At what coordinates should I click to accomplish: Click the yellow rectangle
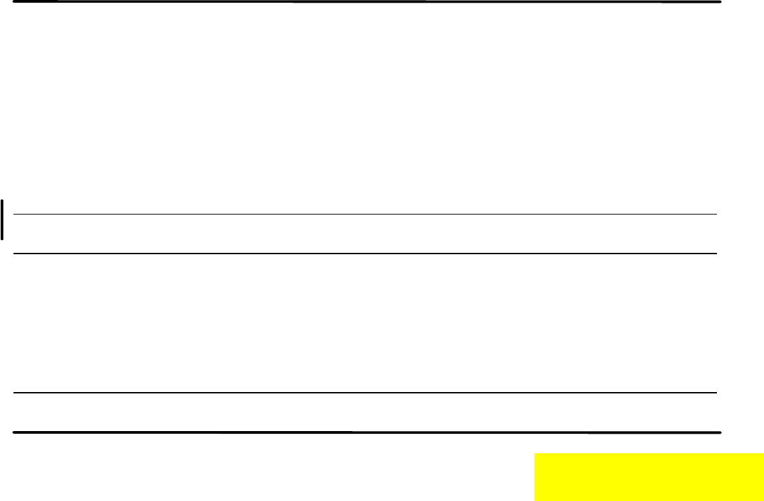pos(649,477)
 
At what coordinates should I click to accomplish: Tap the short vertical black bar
pos(3,219)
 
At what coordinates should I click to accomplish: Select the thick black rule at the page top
pos(367,2)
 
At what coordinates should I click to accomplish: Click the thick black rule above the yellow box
pos(367,432)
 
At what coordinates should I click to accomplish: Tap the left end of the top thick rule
pos(15,2)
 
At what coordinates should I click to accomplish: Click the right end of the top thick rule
pos(720,2)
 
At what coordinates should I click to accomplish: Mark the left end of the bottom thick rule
pos(15,432)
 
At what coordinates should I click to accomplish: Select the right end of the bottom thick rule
pos(720,432)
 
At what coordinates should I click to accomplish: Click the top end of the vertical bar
pos(3,200)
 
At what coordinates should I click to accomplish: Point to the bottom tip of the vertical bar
pos(3,239)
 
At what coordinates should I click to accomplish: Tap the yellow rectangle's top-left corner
pos(535,455)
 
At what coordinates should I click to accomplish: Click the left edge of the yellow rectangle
pos(535,477)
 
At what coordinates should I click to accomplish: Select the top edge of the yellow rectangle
pos(649,455)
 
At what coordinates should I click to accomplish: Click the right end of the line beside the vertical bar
pos(716,215)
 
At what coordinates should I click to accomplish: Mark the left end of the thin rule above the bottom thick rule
pos(15,393)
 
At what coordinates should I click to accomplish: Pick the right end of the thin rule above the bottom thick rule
pos(716,393)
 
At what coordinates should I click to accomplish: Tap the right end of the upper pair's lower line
pos(716,254)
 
